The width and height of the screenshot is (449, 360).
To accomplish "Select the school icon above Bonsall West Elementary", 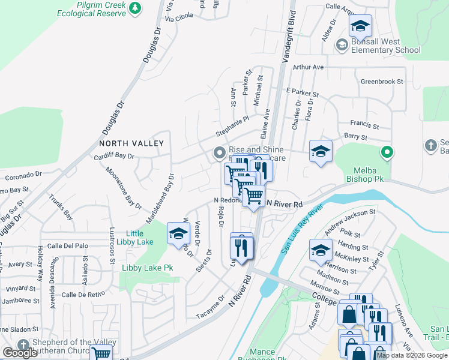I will (x=361, y=27).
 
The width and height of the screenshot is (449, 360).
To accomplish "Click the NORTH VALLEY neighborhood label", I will (x=131, y=143).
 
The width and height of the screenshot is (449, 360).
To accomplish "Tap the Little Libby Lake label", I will (x=139, y=238).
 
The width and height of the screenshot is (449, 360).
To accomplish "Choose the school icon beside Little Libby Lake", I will (x=178, y=235).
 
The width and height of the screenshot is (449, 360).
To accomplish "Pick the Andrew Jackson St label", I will (x=349, y=221).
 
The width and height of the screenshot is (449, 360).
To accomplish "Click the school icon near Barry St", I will (x=321, y=151).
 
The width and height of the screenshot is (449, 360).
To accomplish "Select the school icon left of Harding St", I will (x=321, y=250).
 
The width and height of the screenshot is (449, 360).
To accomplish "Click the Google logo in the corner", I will (x=20, y=353).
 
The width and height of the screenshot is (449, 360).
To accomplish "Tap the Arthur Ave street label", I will (x=309, y=67).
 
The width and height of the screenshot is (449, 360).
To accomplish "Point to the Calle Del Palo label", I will (x=68, y=245).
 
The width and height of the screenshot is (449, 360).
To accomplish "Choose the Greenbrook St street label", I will (x=382, y=81).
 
